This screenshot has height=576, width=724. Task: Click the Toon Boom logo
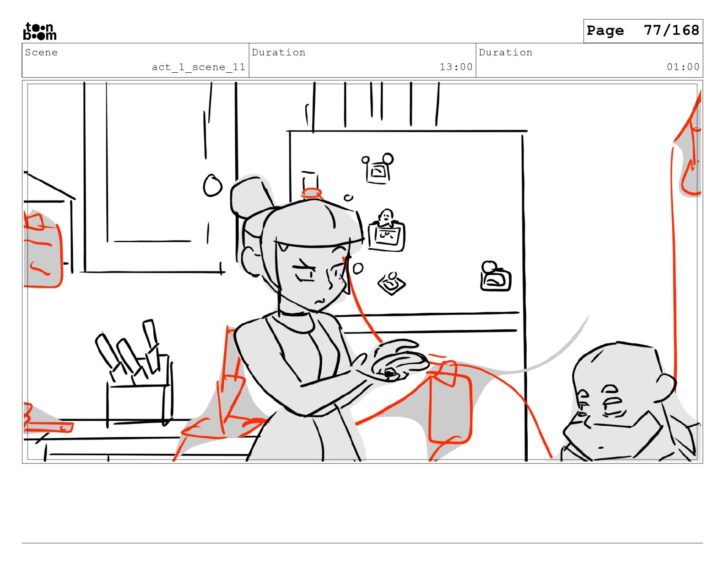click(40, 31)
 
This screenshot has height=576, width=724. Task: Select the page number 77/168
click(671, 30)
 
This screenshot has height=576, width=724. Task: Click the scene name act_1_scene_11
click(199, 67)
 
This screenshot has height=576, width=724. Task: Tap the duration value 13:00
click(456, 67)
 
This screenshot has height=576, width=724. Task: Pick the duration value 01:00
click(683, 67)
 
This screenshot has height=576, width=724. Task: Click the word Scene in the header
click(41, 53)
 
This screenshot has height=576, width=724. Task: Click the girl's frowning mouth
click(319, 301)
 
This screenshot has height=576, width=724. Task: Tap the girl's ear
click(249, 261)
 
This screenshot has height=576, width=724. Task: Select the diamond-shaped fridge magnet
click(391, 283)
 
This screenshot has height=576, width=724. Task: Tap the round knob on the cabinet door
click(212, 185)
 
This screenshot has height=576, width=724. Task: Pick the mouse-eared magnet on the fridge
click(378, 169)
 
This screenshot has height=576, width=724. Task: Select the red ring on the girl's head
click(311, 193)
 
